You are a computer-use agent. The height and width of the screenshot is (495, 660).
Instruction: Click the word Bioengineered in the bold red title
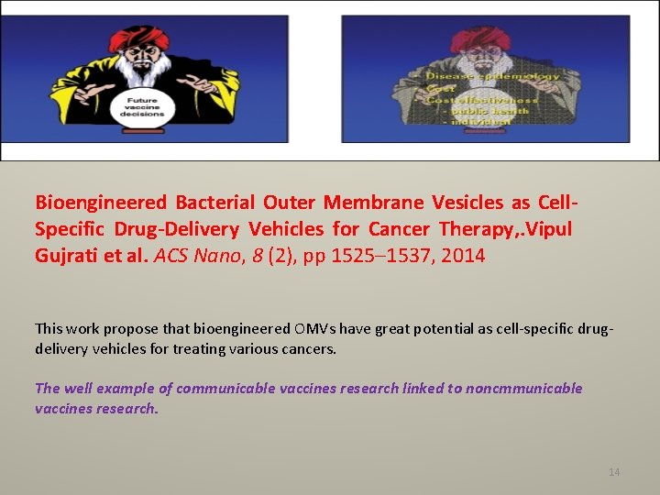(x=101, y=203)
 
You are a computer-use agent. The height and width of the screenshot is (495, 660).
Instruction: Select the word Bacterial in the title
(x=215, y=203)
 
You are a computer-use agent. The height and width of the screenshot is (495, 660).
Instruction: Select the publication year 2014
(x=464, y=256)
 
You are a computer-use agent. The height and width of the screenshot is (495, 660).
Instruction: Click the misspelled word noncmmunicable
(x=523, y=388)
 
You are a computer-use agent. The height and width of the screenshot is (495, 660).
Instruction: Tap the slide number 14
(x=614, y=472)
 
